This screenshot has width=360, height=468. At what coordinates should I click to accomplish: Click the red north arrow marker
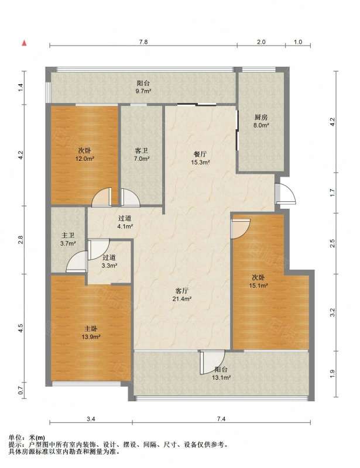point(24,43)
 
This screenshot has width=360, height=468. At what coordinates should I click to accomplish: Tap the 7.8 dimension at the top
point(143,42)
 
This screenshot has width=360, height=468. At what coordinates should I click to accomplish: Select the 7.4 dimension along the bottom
point(221,419)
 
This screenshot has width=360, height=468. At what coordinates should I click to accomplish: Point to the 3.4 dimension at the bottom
point(91,419)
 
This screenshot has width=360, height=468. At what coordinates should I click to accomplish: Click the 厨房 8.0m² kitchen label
point(261,121)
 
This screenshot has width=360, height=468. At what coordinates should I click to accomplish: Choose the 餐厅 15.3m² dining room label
point(200,158)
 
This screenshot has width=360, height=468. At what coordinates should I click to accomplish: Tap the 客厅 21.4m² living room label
point(182,294)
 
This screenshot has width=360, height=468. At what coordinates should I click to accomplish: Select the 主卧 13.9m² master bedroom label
point(91,333)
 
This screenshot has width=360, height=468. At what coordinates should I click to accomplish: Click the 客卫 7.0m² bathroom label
point(142,154)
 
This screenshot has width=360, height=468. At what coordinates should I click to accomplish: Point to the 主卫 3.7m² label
point(68,239)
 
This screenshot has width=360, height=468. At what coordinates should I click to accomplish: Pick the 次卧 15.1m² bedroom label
point(258,281)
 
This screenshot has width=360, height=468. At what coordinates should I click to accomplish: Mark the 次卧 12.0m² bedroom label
point(85,154)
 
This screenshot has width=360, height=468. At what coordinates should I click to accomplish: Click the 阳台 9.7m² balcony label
point(143,87)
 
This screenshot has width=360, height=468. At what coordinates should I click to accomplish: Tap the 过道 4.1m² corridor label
point(125,222)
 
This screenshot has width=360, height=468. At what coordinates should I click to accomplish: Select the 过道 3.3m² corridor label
point(109,261)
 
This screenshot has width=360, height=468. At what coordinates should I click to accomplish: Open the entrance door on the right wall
point(285,194)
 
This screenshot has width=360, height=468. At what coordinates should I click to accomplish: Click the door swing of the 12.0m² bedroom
point(102,197)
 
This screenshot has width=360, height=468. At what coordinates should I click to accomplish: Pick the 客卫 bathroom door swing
point(131,198)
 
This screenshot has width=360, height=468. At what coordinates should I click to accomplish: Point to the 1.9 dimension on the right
point(332,373)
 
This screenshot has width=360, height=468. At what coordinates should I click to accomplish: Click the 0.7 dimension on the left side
point(20,390)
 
